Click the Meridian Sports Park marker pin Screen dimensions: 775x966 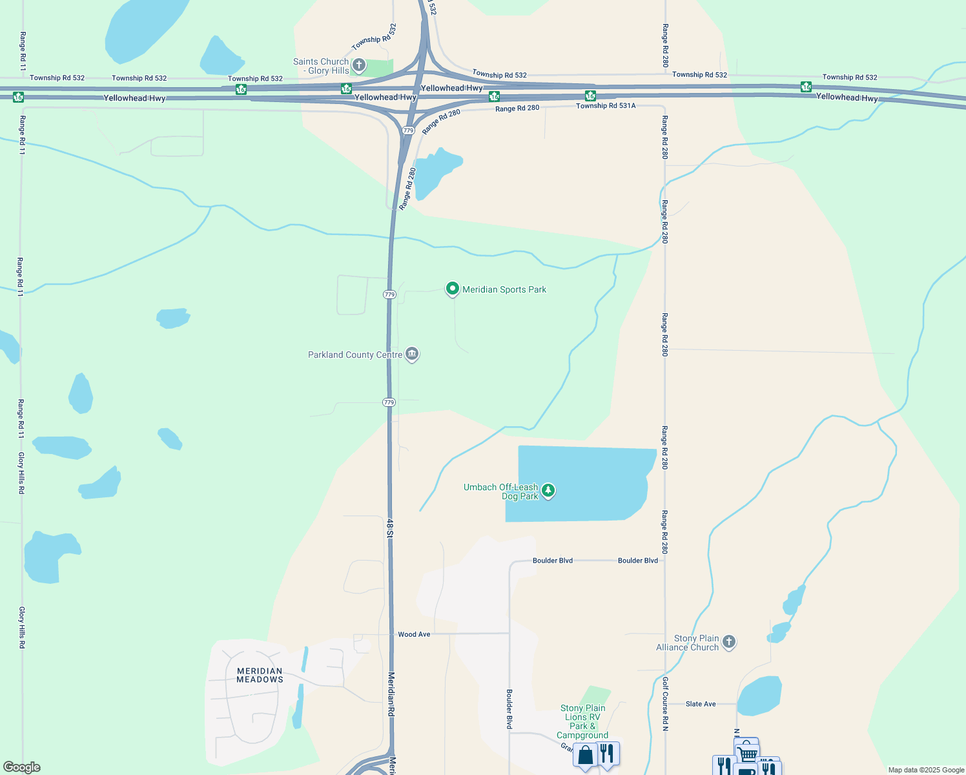(453, 289)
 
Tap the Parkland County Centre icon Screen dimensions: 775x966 (412, 354)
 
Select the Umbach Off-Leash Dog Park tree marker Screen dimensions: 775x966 (548, 491)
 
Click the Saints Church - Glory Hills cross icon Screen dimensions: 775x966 (359, 65)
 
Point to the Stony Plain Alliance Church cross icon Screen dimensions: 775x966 (729, 642)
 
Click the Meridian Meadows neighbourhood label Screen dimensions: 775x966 (260, 675)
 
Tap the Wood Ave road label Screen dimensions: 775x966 (414, 634)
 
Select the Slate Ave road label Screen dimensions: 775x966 (701, 704)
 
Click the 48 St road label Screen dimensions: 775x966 (390, 527)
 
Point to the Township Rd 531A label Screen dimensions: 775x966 (606, 106)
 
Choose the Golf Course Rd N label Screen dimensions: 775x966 (664, 703)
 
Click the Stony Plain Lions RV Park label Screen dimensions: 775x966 (582, 721)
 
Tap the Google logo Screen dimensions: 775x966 (21, 767)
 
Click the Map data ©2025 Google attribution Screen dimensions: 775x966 (926, 770)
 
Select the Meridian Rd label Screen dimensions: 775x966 (391, 694)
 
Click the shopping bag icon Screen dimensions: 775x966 (585, 754)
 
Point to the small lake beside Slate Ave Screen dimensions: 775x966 (759, 696)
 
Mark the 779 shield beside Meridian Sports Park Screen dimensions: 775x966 (389, 294)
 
